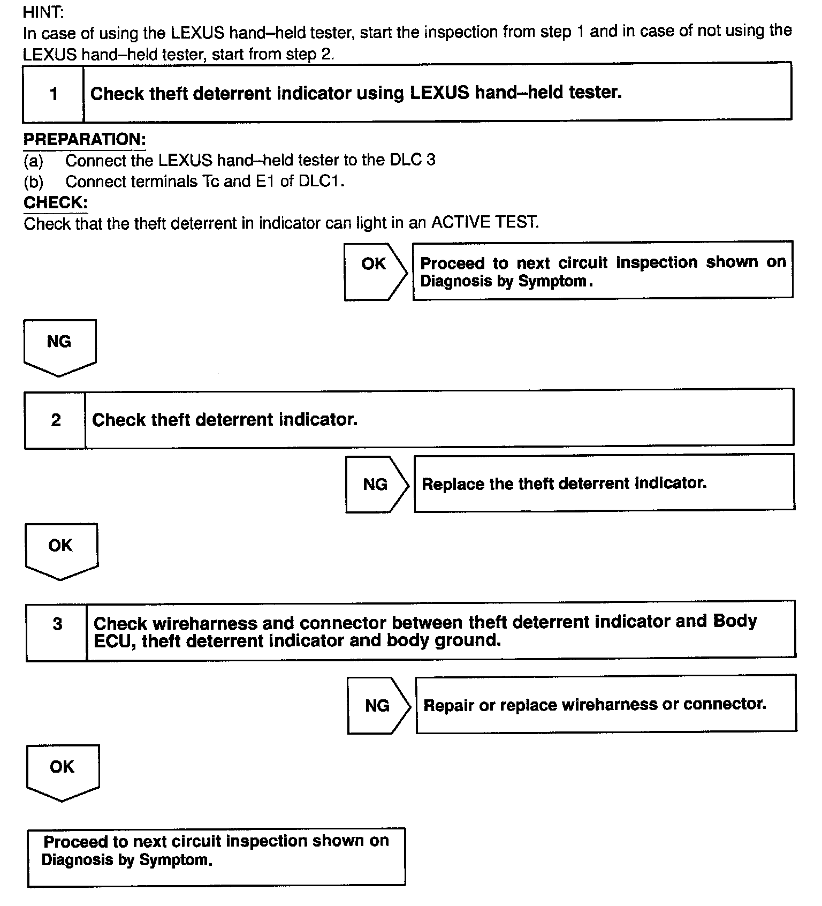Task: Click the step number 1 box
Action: (x=53, y=94)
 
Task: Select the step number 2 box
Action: (x=55, y=420)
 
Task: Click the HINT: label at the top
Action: (x=43, y=12)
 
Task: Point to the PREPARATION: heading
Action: (x=85, y=140)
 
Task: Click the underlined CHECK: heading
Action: (x=56, y=203)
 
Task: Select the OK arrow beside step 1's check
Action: (x=375, y=271)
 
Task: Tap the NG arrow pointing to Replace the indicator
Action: (x=376, y=484)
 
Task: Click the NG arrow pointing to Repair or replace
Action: (x=378, y=705)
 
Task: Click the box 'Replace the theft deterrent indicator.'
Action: (x=604, y=483)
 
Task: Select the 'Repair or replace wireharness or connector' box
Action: (x=606, y=704)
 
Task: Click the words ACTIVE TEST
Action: (x=484, y=222)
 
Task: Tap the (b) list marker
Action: (x=33, y=182)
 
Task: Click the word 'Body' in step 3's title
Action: (x=735, y=621)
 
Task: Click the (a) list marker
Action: (x=33, y=161)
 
